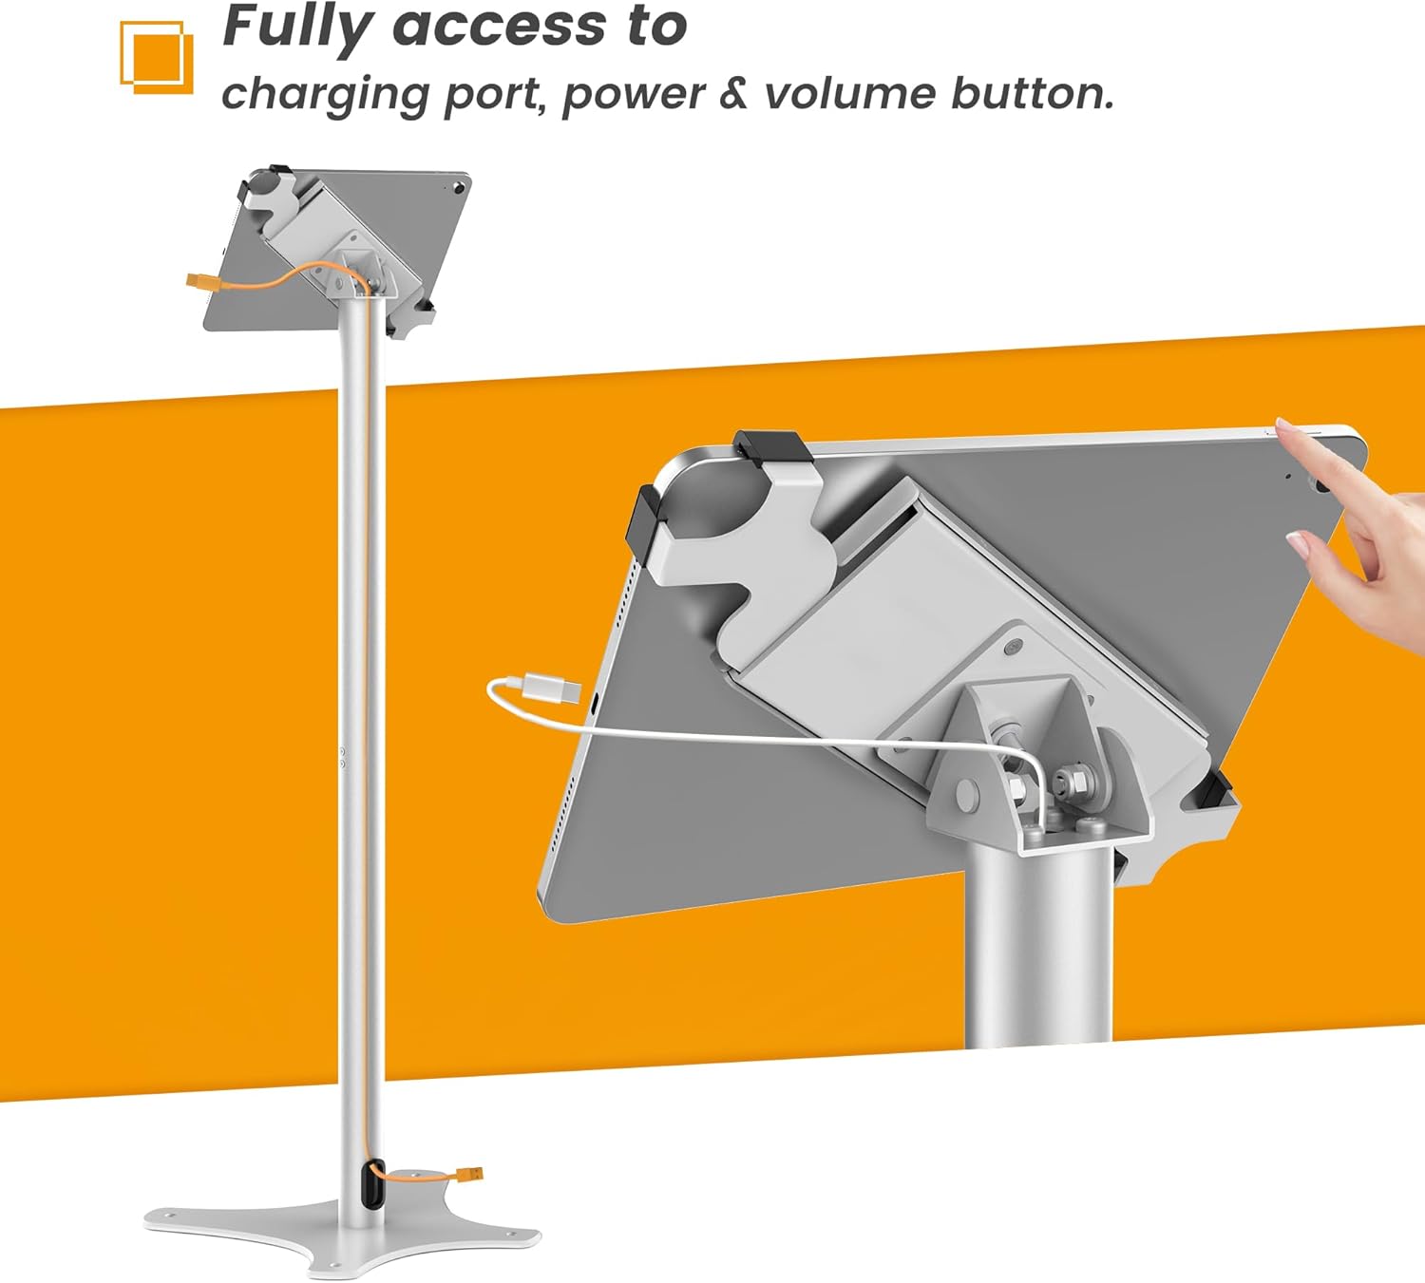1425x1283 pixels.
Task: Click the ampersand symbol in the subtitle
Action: point(732,93)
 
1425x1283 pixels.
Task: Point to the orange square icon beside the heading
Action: point(157,58)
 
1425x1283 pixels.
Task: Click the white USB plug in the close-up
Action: point(552,688)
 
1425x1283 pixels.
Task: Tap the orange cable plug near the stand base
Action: point(469,1175)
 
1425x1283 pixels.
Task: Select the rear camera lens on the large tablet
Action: point(1320,485)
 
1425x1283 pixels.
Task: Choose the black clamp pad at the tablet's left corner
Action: point(642,519)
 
